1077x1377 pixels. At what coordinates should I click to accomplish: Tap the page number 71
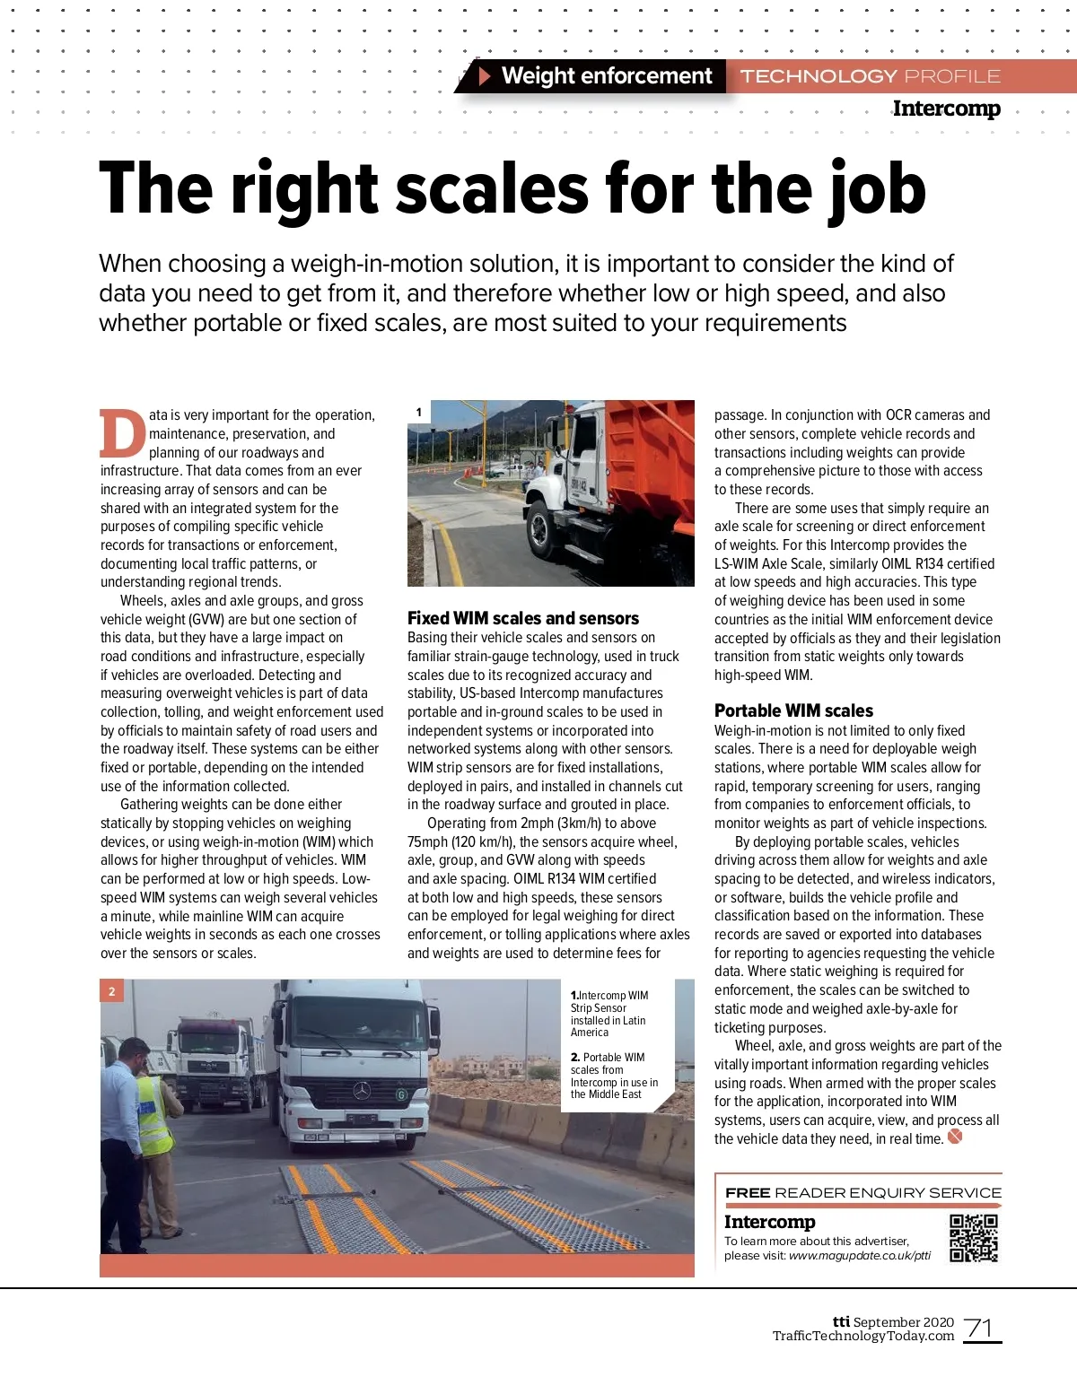[x=980, y=1328]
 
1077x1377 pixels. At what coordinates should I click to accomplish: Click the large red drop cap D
[x=122, y=434]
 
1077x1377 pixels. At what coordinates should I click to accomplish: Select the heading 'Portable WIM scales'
[x=793, y=710]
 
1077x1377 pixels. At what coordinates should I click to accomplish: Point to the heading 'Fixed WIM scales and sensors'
[x=523, y=618]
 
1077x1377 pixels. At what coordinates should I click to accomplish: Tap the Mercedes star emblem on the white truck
[x=362, y=1090]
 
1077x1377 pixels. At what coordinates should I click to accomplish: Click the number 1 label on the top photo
[x=419, y=413]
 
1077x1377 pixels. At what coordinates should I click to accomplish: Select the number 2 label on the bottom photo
[x=112, y=991]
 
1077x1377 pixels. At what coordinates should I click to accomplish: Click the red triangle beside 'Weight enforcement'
[x=485, y=76]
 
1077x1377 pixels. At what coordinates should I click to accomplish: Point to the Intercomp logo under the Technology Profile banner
[x=946, y=109]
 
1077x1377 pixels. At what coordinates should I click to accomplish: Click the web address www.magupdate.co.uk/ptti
[x=859, y=1255]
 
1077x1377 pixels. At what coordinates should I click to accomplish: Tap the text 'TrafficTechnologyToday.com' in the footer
[x=862, y=1336]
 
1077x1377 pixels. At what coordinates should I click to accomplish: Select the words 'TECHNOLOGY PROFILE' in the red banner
[x=870, y=76]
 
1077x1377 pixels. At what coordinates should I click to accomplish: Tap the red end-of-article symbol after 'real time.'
[x=955, y=1137]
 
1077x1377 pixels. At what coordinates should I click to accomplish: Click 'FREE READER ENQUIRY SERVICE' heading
[x=862, y=1192]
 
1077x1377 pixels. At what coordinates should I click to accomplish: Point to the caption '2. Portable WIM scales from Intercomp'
[x=614, y=1076]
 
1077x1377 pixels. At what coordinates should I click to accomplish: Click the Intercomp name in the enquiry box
[x=769, y=1222]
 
